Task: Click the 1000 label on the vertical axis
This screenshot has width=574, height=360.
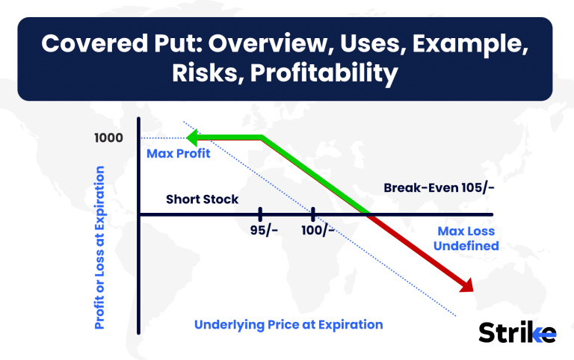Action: click(108, 138)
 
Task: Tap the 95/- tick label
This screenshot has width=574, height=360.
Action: click(264, 230)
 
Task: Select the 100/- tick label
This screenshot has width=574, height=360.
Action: click(318, 230)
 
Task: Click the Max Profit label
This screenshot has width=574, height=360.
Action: click(179, 153)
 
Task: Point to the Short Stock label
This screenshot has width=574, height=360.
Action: click(202, 199)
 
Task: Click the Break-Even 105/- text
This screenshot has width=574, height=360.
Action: click(439, 187)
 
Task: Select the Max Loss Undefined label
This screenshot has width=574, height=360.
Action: click(466, 238)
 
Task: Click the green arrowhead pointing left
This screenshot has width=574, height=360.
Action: click(193, 137)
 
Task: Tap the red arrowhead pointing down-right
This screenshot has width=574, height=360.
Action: click(466, 285)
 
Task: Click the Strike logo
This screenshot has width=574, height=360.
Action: click(517, 332)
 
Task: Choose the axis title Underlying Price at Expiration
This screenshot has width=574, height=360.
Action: click(288, 324)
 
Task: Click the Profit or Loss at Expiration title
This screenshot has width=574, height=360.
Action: click(99, 248)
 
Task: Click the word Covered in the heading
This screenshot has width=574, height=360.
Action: click(94, 43)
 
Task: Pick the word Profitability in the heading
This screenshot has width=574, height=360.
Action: click(324, 72)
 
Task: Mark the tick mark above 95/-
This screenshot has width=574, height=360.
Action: click(260, 214)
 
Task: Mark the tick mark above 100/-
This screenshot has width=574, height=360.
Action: click(313, 214)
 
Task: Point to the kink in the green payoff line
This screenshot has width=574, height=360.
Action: click(262, 137)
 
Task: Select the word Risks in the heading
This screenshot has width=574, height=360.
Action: click(208, 72)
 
